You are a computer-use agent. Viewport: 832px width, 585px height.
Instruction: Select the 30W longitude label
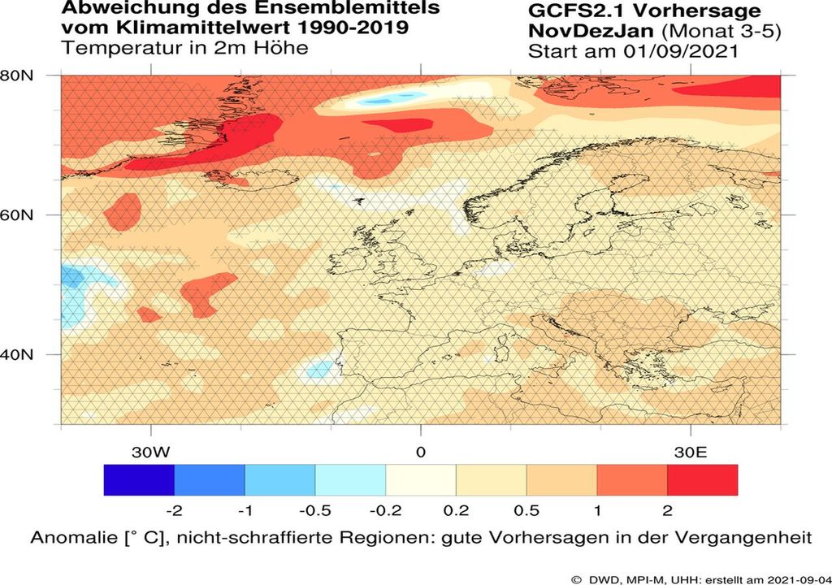click(x=152, y=451)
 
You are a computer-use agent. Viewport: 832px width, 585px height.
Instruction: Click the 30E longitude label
click(x=690, y=451)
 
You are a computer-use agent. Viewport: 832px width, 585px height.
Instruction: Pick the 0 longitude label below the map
click(x=420, y=451)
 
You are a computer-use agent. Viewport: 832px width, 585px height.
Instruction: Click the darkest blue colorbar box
click(x=139, y=479)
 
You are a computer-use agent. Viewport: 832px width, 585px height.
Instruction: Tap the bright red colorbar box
click(x=702, y=479)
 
